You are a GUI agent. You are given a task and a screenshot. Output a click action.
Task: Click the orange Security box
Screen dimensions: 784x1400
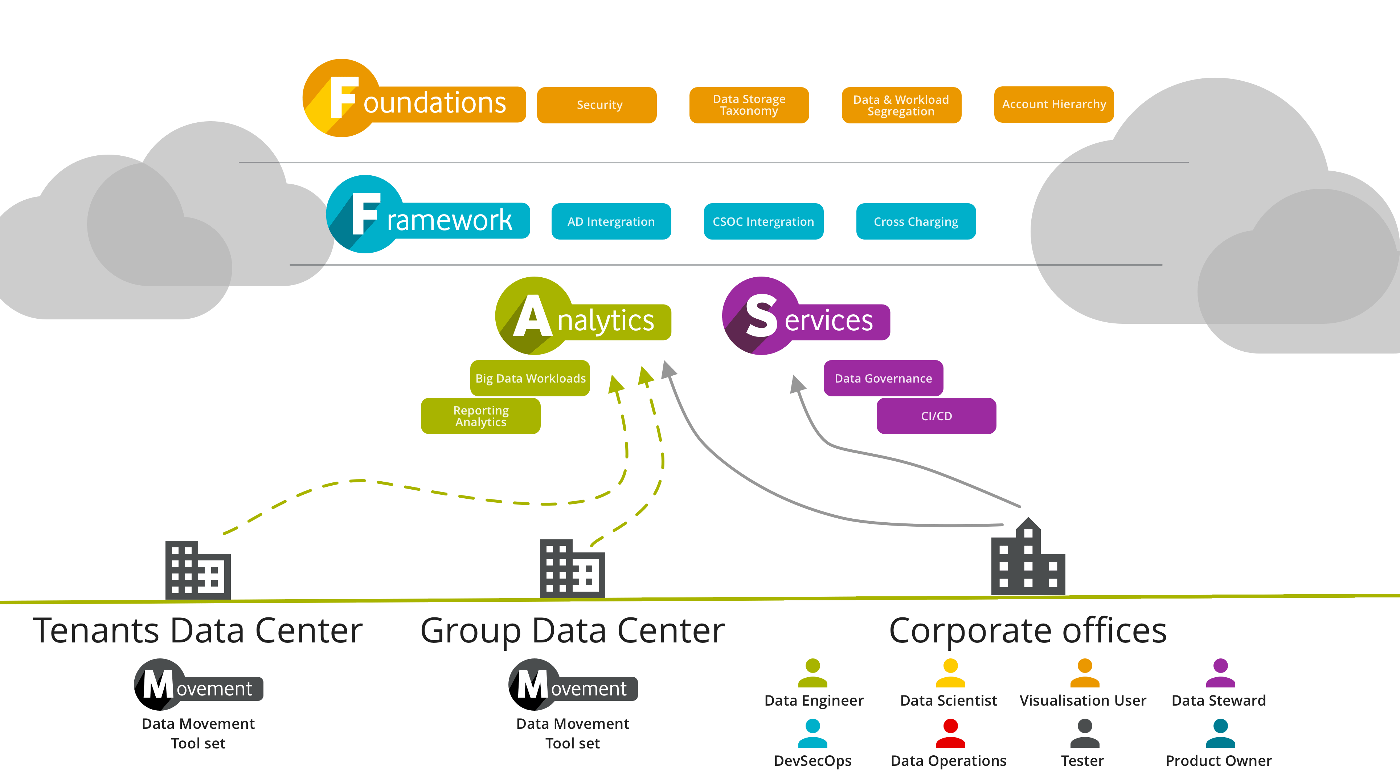[x=597, y=105]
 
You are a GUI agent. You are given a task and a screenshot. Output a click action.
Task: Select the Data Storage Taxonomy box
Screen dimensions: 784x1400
[x=749, y=105]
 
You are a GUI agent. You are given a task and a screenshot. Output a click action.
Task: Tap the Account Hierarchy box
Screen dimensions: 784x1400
[x=1054, y=105]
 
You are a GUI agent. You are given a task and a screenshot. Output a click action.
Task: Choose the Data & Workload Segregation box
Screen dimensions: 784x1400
[x=901, y=105]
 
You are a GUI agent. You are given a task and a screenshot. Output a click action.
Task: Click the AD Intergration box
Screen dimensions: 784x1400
[x=611, y=221]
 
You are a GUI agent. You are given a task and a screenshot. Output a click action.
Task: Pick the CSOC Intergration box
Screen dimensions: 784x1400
[x=764, y=221]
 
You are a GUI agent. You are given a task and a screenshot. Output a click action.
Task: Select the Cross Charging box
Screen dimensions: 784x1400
[x=916, y=221]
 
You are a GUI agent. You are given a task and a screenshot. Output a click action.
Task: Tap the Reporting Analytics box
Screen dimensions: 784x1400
[x=480, y=416]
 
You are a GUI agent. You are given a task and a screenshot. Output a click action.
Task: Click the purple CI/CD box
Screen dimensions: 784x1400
[x=936, y=416]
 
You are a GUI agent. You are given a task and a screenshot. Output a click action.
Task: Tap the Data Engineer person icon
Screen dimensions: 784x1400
[x=812, y=673]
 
